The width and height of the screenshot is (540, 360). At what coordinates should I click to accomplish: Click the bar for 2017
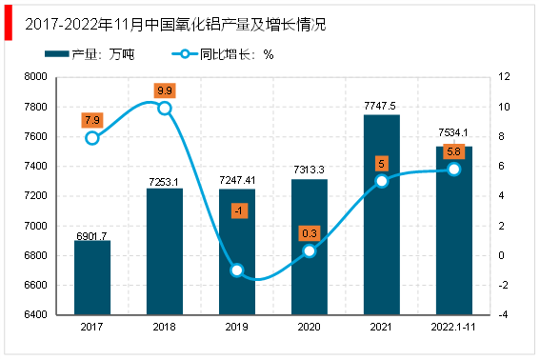pyautogui.click(x=92, y=277)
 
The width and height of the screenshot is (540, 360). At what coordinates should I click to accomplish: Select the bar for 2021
pyautogui.click(x=382, y=214)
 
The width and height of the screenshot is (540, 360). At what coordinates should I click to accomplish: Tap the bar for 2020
pyautogui.click(x=310, y=247)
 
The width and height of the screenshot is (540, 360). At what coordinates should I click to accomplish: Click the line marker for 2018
pyautogui.click(x=165, y=109)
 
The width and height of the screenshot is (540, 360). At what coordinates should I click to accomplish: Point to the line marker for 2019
pyautogui.click(x=237, y=270)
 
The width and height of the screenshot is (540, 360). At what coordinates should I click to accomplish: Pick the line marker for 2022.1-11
pyautogui.click(x=454, y=170)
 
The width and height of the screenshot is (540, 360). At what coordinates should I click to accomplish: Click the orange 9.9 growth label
pyautogui.click(x=165, y=90)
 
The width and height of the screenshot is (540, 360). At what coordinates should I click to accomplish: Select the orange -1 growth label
pyautogui.click(x=239, y=210)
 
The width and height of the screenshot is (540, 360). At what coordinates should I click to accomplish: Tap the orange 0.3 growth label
pyautogui.click(x=310, y=233)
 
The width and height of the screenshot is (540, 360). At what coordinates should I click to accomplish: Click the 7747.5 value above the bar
pyautogui.click(x=380, y=106)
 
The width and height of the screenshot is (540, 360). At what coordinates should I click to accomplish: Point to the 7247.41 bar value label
pyautogui.click(x=237, y=180)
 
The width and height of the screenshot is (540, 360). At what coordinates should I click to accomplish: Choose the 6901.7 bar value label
pyautogui.click(x=91, y=236)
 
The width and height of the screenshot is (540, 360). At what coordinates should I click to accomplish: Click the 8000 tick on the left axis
pyautogui.click(x=35, y=76)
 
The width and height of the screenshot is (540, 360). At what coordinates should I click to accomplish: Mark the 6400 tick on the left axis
pyautogui.click(x=35, y=314)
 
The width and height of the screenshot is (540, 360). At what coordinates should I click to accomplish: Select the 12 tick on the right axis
pyautogui.click(x=504, y=76)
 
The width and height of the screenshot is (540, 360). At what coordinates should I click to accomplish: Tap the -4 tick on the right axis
pyautogui.click(x=503, y=314)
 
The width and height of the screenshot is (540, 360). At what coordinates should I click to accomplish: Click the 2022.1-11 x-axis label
pyautogui.click(x=453, y=327)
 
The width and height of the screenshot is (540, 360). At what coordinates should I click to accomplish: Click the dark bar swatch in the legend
pyautogui.click(x=57, y=54)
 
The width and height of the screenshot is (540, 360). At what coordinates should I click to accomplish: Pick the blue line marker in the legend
pyautogui.click(x=185, y=54)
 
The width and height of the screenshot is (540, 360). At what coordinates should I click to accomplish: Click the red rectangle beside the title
pyautogui.click(x=9, y=23)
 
